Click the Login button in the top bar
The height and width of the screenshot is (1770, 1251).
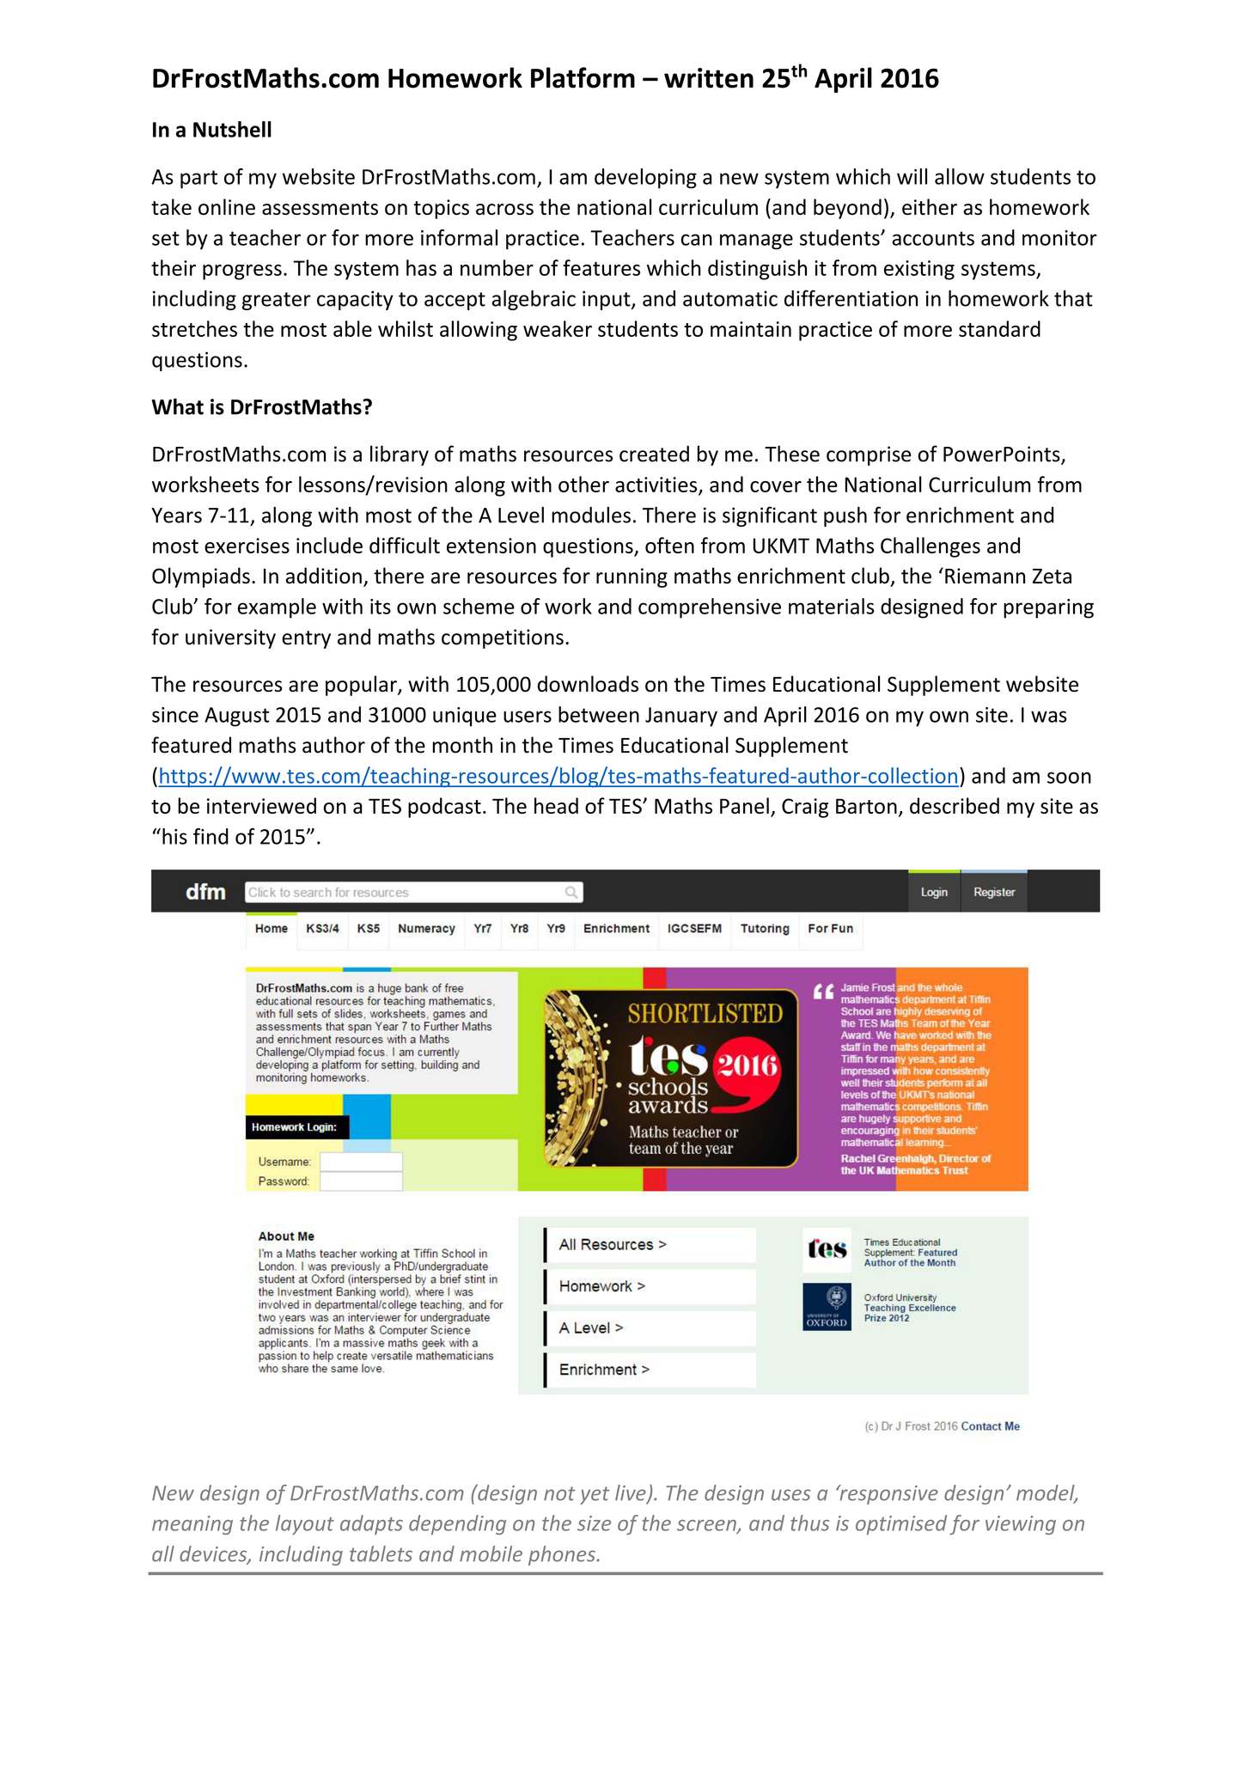934,892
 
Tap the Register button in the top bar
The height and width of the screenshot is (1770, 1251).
994,892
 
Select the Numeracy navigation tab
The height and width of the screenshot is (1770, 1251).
426,929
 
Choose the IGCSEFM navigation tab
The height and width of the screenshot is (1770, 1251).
694,929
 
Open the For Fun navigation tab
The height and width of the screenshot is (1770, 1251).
830,929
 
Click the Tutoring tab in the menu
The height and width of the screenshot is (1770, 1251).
765,929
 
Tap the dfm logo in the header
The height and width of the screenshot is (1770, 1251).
205,892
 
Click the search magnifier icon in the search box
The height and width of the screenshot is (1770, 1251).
571,893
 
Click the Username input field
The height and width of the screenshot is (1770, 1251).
361,1162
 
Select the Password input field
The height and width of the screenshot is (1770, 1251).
361,1181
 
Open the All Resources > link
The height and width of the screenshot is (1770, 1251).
612,1245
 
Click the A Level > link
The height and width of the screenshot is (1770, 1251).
591,1328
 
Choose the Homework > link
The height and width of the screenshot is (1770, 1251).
601,1286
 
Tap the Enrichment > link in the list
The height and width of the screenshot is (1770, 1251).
604,1370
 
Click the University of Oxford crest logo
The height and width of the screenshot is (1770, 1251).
827,1307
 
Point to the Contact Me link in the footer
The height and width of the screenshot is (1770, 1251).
990,1426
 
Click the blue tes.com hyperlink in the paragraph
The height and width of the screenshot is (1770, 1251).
558,777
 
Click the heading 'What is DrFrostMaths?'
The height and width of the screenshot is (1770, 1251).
262,407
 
